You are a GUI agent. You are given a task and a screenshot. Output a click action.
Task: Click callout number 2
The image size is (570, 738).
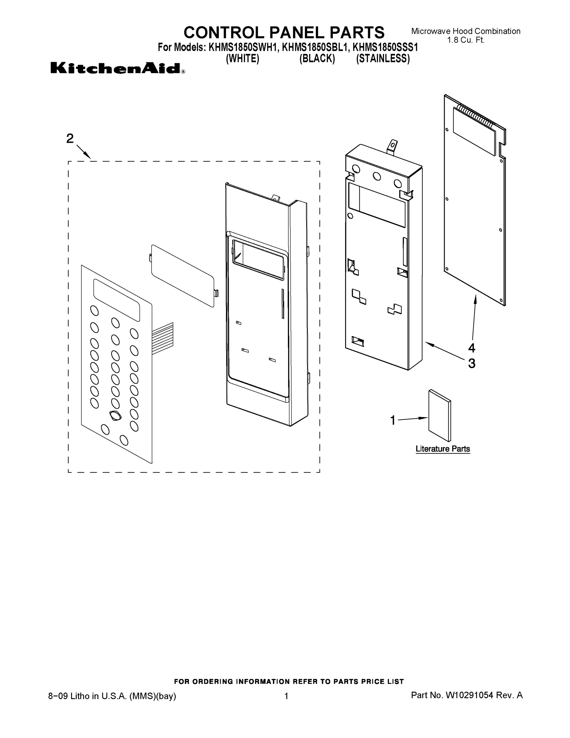pyautogui.click(x=70, y=139)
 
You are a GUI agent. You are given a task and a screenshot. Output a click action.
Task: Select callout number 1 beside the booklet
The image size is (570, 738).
pyautogui.click(x=393, y=420)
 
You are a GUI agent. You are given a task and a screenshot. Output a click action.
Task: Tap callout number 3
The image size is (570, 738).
pyautogui.click(x=471, y=363)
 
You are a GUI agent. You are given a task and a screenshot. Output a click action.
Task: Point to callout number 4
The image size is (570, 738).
pyautogui.click(x=471, y=348)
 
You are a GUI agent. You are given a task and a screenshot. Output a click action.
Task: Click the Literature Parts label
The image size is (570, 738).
pyautogui.click(x=442, y=449)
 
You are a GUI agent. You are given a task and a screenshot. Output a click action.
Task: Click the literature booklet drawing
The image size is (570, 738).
pyautogui.click(x=439, y=416)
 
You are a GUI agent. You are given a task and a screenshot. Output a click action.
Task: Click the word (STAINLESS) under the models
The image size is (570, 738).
pyautogui.click(x=383, y=59)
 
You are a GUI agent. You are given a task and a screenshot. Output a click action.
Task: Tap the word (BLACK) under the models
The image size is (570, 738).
pyautogui.click(x=317, y=59)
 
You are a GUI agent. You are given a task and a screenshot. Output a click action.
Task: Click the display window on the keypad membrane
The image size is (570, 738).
pyautogui.click(x=116, y=300)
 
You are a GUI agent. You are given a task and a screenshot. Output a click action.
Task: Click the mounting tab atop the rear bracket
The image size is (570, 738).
pyautogui.click(x=392, y=148)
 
